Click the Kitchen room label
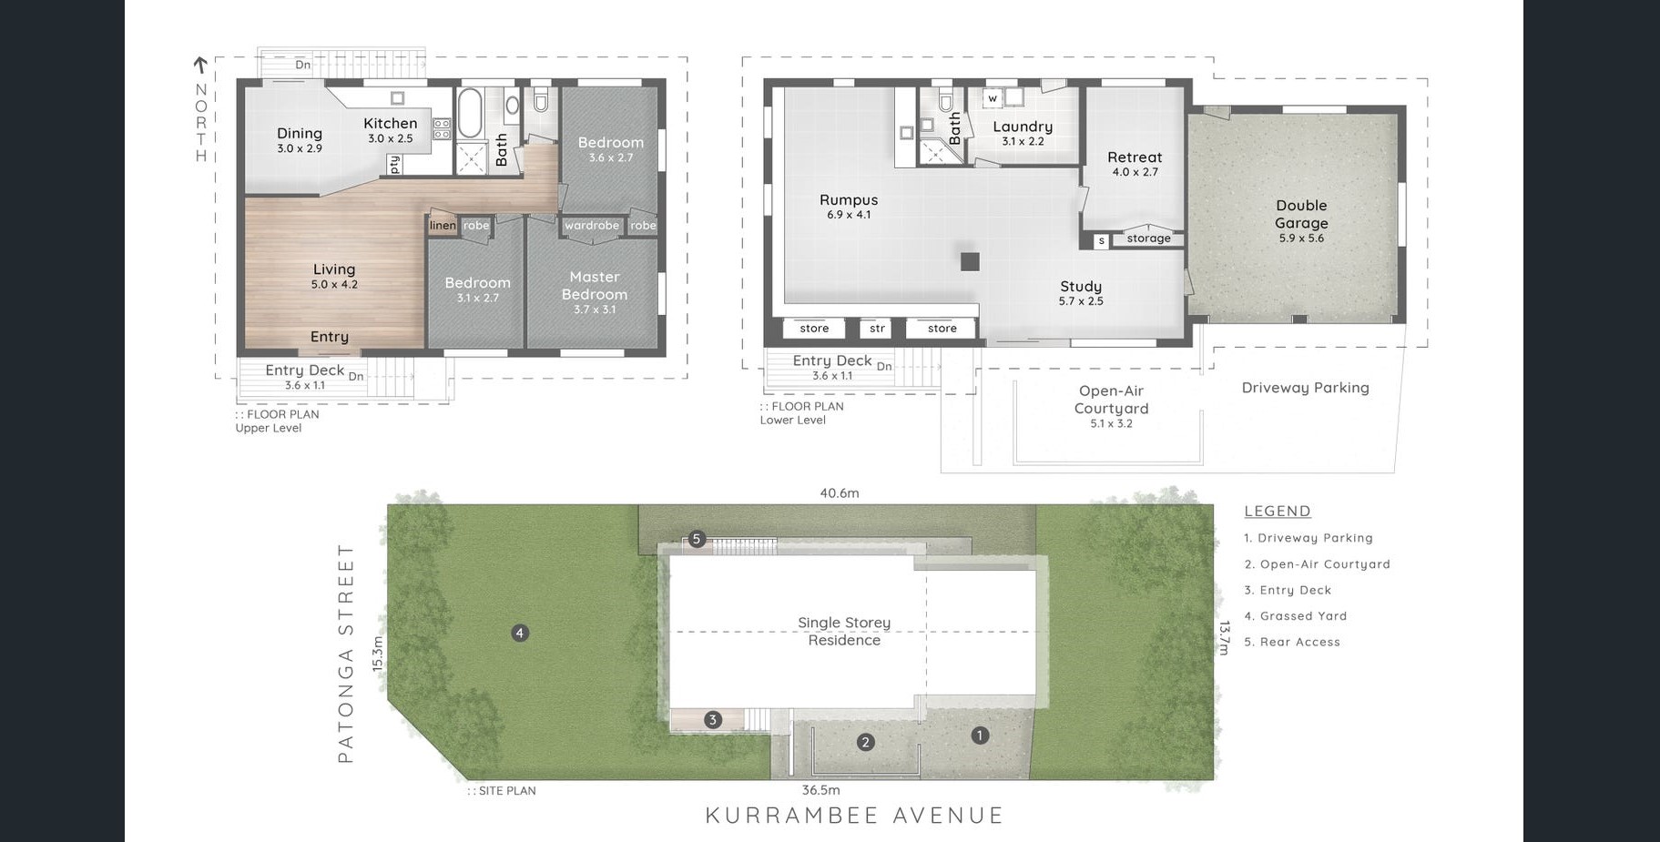[391, 124]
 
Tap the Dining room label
[300, 133]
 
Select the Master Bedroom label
[595, 286]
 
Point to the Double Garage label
[1301, 215]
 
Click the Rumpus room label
[849, 200]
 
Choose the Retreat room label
[1135, 157]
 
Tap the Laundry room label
[1023, 127]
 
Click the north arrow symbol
[200, 66]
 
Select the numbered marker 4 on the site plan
[520, 633]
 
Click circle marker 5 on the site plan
[697, 539]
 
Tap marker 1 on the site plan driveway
[980, 735]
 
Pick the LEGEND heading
[1278, 512]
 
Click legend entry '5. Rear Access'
[1292, 642]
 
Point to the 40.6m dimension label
[840, 493]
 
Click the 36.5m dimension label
[820, 790]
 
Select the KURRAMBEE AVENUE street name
[855, 816]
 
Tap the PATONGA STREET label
[345, 653]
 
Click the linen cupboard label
[443, 226]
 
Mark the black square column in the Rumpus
[970, 261]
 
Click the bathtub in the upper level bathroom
[471, 113]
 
